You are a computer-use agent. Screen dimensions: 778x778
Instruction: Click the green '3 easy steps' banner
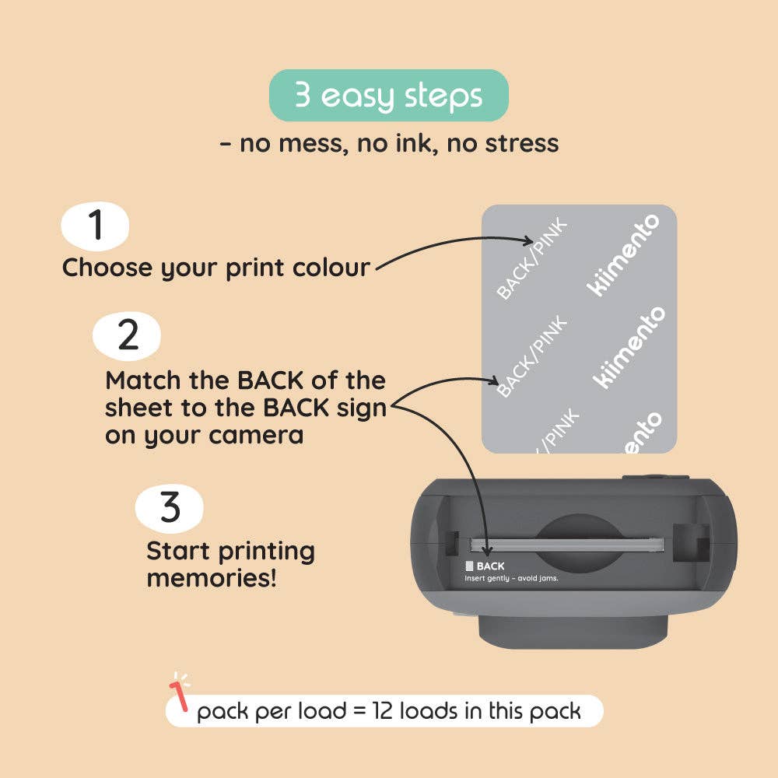point(389,96)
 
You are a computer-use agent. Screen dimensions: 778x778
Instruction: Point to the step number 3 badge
point(169,507)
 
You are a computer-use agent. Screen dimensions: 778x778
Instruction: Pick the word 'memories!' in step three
point(211,578)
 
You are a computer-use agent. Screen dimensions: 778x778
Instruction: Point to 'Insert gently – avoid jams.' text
point(511,578)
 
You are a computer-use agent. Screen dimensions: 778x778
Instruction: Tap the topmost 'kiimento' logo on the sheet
point(622,254)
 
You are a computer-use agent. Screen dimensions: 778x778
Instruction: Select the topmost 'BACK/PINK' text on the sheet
point(533,259)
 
